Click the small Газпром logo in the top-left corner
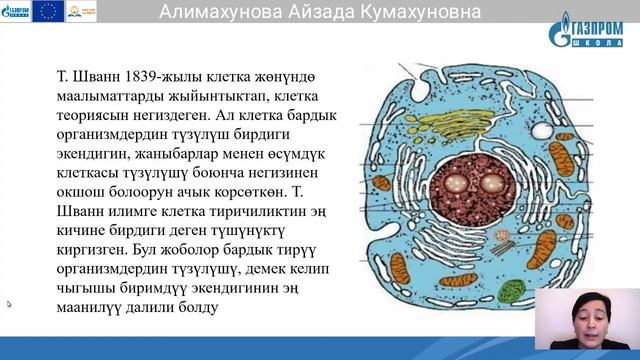pos(16,11)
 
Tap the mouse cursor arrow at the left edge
pos(9,304)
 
